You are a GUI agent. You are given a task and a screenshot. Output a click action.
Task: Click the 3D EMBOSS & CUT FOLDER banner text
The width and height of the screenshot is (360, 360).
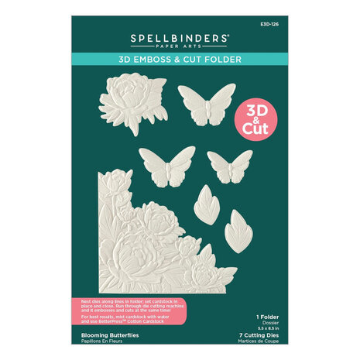[x=180, y=59]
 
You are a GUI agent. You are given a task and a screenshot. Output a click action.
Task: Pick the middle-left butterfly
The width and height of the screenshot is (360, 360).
[x=166, y=164]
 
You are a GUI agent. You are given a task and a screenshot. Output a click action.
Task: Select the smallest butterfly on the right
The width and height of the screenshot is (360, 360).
[x=230, y=165]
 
